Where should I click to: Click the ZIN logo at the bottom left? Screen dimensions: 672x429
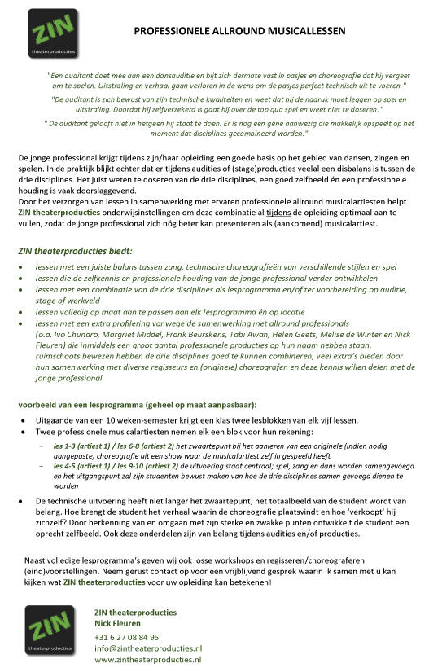[50, 630]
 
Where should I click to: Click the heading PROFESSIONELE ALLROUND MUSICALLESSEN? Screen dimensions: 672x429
[239, 31]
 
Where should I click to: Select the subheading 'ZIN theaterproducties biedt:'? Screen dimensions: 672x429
[74, 251]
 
